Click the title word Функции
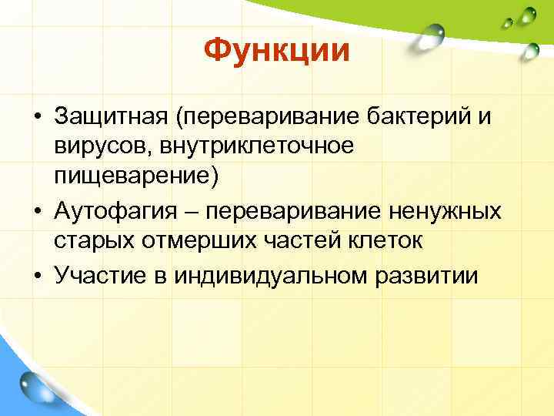tap(277, 52)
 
